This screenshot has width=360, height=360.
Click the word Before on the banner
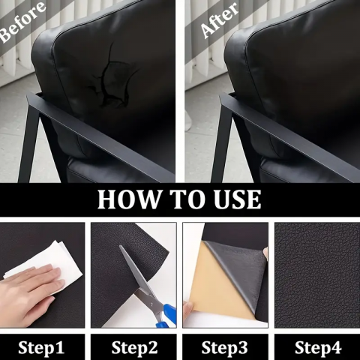(22, 21)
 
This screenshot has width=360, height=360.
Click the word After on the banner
(220, 21)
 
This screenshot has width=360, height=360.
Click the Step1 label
(41, 348)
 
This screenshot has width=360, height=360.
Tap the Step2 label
(134, 348)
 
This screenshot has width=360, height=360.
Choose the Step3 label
(224, 348)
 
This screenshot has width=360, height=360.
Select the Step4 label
(318, 348)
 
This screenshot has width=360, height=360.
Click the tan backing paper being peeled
(220, 283)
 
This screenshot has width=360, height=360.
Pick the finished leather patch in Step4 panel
(317, 275)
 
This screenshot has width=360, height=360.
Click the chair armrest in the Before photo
(100, 133)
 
